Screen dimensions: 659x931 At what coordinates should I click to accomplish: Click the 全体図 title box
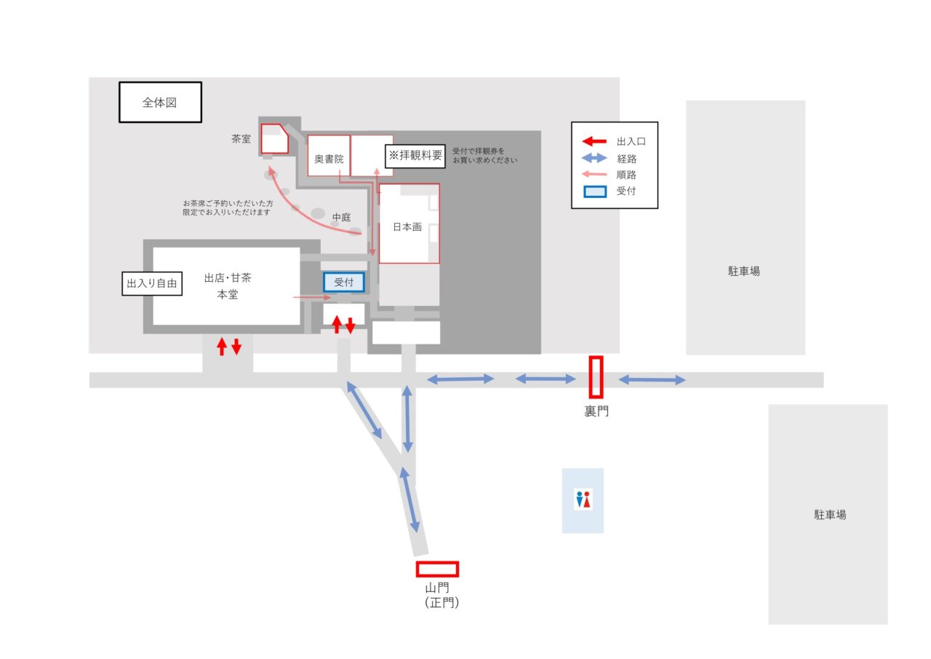(160, 102)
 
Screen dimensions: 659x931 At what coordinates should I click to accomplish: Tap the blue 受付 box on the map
(343, 282)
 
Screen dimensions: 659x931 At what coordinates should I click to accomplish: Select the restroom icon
(583, 500)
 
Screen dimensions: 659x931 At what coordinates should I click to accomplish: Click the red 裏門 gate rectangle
(596, 377)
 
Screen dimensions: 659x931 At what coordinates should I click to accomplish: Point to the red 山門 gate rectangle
(437, 569)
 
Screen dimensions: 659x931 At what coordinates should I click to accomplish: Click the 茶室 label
(241, 138)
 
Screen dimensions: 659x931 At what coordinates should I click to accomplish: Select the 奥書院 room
(329, 158)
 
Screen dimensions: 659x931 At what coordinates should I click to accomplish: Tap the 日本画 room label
(407, 226)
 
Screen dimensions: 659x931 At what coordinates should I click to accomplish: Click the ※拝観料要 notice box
(415, 155)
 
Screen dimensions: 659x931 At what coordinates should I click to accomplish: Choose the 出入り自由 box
(152, 283)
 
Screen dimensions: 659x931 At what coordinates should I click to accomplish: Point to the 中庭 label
(342, 217)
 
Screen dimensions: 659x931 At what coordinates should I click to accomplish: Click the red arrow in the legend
(595, 142)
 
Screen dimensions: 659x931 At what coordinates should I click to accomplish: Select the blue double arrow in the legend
(595, 158)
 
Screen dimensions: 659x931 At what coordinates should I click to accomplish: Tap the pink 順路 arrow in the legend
(595, 175)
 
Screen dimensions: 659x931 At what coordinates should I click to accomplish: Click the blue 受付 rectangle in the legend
(595, 192)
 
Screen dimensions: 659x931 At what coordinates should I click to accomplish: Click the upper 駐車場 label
(744, 271)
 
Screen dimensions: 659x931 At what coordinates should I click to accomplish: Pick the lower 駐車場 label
(830, 514)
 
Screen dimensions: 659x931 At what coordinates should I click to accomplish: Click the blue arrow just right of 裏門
(652, 379)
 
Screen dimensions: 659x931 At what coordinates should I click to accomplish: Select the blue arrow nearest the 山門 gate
(409, 500)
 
